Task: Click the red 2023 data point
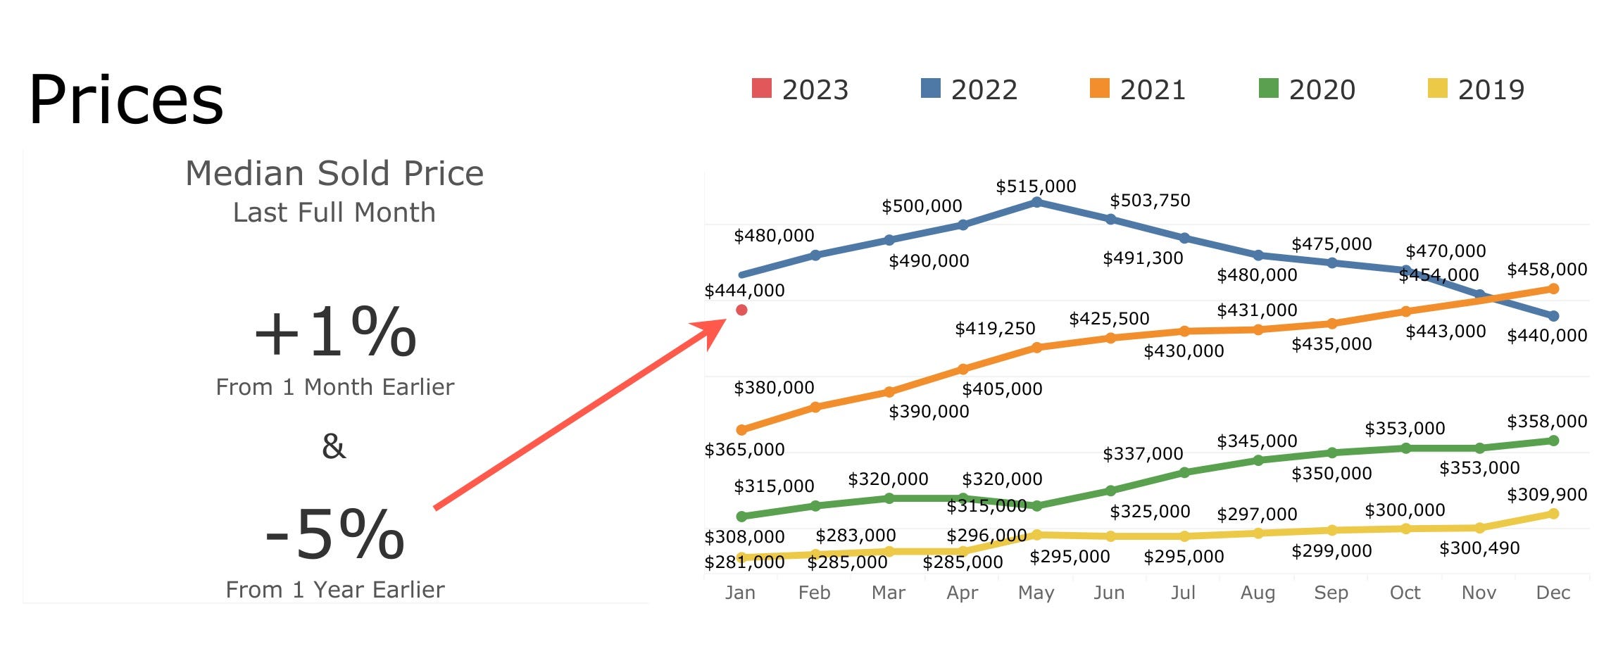click(x=741, y=310)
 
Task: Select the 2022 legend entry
click(x=969, y=89)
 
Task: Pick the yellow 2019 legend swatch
click(x=1436, y=88)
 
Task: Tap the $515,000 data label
click(x=1036, y=187)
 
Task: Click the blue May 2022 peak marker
click(x=1036, y=202)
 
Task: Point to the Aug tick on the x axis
click(x=1258, y=593)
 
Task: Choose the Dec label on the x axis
click(x=1553, y=593)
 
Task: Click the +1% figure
click(x=334, y=332)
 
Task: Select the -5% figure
click(x=334, y=536)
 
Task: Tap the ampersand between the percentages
click(x=334, y=446)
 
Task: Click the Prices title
click(x=126, y=100)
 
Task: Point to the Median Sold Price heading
click(x=334, y=173)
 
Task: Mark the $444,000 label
click(x=744, y=290)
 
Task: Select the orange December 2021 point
click(x=1553, y=289)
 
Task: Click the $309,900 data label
click(x=1546, y=495)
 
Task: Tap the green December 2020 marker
click(x=1553, y=441)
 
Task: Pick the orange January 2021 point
click(x=741, y=429)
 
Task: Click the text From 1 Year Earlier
click(x=334, y=590)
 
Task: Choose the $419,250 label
click(x=994, y=329)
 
